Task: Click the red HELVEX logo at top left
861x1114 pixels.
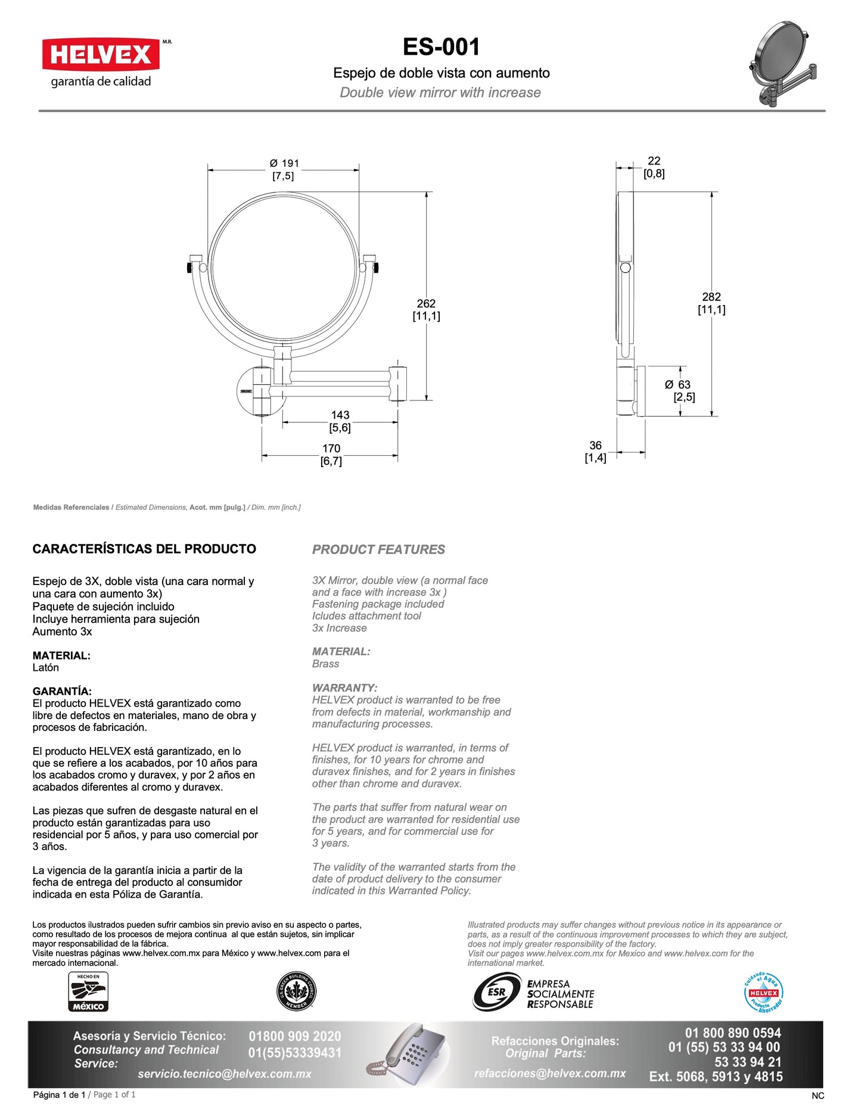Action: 101,55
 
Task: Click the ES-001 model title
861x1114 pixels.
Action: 441,47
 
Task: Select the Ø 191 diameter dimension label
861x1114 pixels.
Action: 284,163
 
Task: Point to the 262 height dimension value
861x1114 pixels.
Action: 426,303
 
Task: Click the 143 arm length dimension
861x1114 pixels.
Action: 340,415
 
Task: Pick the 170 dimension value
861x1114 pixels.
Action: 331,448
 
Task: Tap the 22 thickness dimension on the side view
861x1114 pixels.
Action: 654,161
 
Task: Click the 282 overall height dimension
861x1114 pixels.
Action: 711,297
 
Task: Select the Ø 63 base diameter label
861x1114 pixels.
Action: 678,385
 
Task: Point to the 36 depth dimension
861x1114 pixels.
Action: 595,445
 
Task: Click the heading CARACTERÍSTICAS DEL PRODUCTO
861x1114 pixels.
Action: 144,549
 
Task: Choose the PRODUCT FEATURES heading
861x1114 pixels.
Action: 378,549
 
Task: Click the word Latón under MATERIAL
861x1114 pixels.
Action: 46,668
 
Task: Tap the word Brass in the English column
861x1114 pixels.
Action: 325,664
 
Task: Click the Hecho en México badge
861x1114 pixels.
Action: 88,992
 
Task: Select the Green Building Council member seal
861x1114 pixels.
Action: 297,992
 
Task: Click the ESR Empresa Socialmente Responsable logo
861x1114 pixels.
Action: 534,993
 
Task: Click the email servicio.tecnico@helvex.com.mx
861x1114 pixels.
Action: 225,1074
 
